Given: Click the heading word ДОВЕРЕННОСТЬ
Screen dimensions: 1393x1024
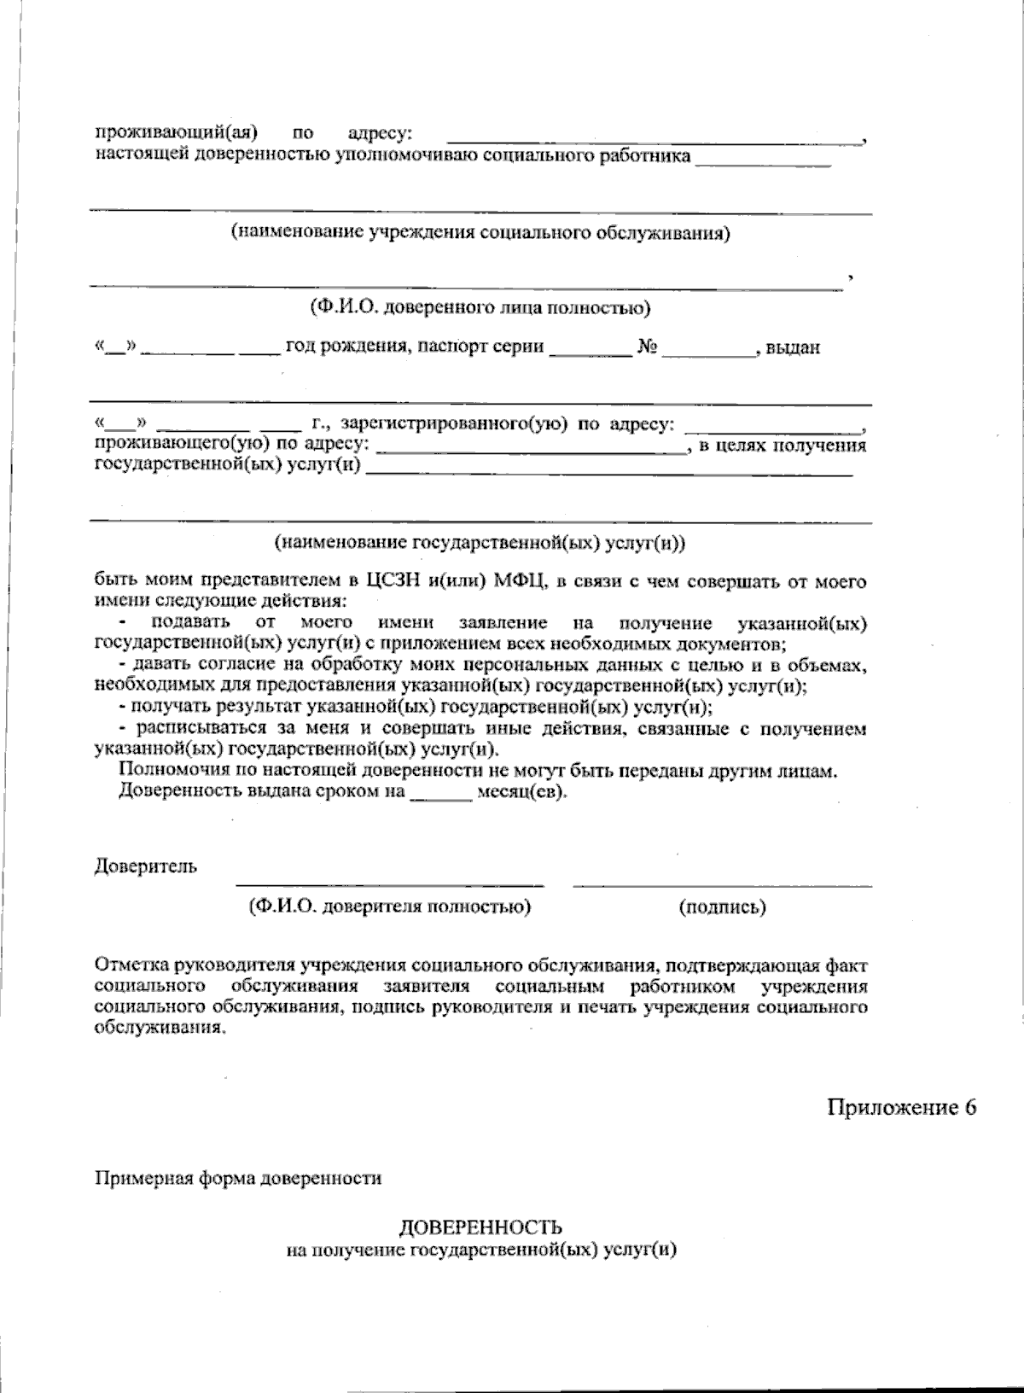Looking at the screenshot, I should [x=480, y=1228].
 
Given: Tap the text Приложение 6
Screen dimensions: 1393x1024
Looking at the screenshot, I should [x=900, y=1107].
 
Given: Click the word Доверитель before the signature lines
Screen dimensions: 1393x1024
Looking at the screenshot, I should [x=145, y=866].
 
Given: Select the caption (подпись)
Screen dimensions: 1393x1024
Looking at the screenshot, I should [x=722, y=906].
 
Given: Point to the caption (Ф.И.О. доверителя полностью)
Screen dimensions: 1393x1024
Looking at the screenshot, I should [x=389, y=906].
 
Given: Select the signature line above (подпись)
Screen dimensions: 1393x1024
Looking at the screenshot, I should [x=722, y=885].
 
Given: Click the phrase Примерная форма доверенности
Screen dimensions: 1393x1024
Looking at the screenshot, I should [x=238, y=1179].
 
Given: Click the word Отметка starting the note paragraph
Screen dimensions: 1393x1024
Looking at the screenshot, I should [x=132, y=966].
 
